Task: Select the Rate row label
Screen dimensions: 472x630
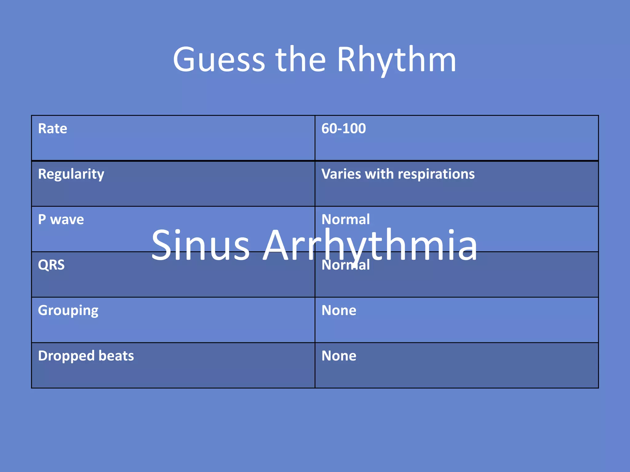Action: coord(53,128)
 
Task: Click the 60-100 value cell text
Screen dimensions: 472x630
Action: coord(344,128)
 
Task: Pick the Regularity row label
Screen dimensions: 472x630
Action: coord(71,174)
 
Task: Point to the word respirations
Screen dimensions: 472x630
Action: coord(436,174)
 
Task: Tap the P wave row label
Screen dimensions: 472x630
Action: coord(61,219)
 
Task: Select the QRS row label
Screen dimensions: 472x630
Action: coord(51,265)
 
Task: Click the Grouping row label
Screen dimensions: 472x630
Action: coord(68,311)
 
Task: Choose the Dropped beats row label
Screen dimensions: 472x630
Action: coord(86,356)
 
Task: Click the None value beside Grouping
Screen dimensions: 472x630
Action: coord(339,310)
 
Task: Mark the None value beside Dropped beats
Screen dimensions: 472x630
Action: coord(339,356)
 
